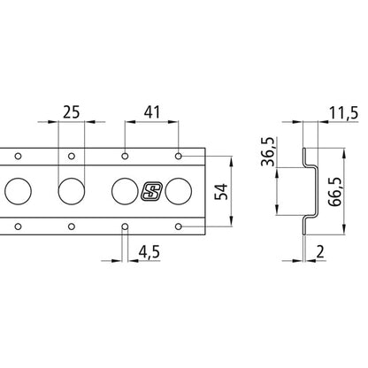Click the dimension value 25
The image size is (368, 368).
pos(73,112)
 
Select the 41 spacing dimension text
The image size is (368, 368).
pos(152,112)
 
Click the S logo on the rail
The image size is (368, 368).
pos(150,191)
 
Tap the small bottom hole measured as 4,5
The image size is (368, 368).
pos(125,227)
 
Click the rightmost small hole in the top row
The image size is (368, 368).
pos(180,156)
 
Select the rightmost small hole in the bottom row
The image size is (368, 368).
pos(180,227)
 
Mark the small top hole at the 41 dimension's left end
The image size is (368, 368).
pos(125,156)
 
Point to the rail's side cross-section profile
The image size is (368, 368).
pos(306,190)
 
